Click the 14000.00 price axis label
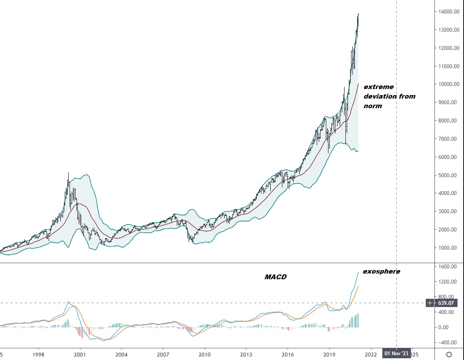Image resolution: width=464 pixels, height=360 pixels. coord(448,12)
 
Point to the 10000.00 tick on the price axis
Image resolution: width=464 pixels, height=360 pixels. coord(448,84)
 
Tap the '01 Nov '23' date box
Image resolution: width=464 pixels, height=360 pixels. coord(396,354)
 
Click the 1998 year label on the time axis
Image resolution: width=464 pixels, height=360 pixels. coord(38,354)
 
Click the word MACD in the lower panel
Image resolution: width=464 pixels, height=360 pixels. coord(275,277)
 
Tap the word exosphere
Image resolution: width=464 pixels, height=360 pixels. coord(381,271)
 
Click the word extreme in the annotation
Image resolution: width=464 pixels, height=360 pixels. coord(378,87)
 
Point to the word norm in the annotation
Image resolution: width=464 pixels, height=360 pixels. coord(373,106)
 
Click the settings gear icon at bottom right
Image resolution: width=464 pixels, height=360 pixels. coord(449,354)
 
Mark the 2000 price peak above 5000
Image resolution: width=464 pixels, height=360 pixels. coord(68,173)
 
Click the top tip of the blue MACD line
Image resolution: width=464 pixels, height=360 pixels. coord(358,272)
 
